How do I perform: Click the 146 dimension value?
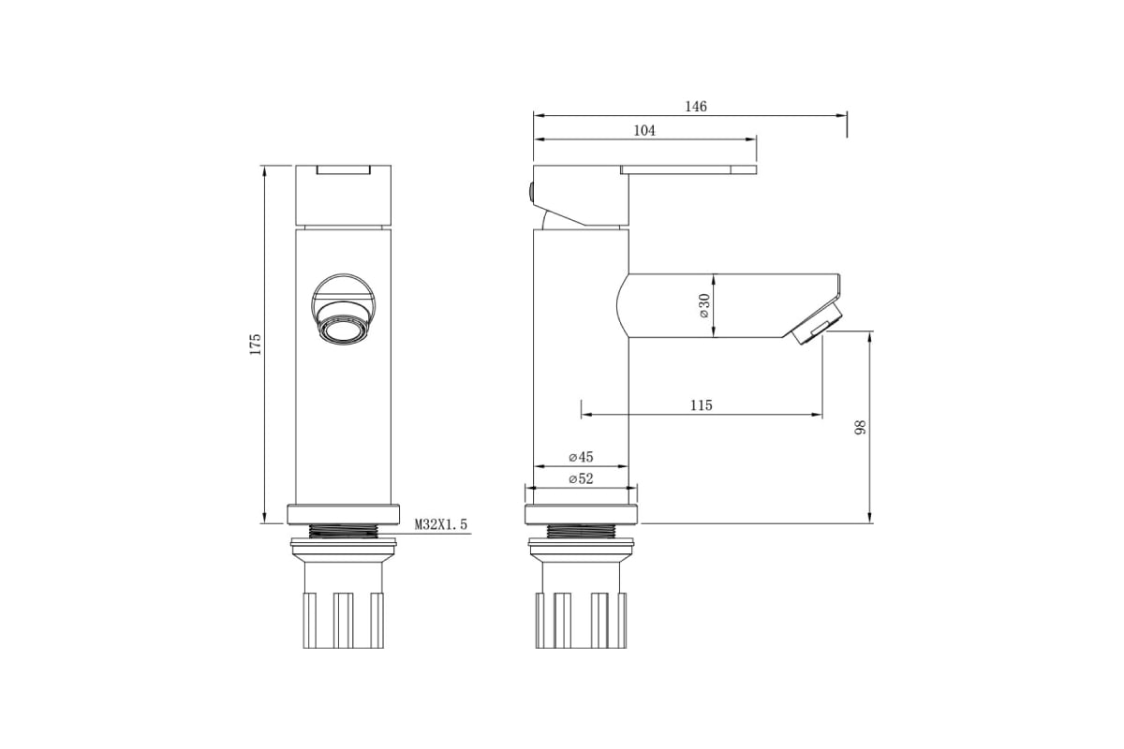[x=696, y=107]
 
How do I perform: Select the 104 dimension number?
[x=644, y=130]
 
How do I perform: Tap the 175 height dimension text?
[x=256, y=345]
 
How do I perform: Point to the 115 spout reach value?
[x=701, y=404]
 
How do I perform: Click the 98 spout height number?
[x=861, y=428]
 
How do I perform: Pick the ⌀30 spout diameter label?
[x=704, y=305]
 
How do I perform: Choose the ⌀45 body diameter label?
[x=581, y=457]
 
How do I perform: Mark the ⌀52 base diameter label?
[x=581, y=479]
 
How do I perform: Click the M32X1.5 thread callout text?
[x=440, y=524]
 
